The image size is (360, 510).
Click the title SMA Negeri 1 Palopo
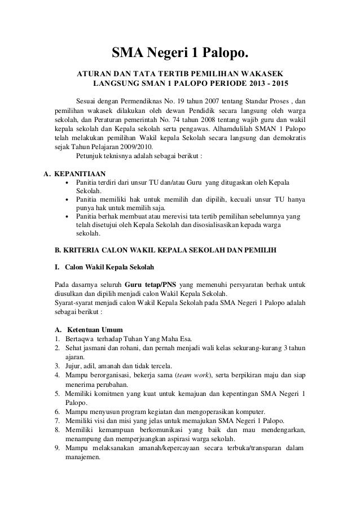(x=179, y=54)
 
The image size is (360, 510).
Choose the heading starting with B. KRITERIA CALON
(x=165, y=249)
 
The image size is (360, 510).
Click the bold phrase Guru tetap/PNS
(x=153, y=284)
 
